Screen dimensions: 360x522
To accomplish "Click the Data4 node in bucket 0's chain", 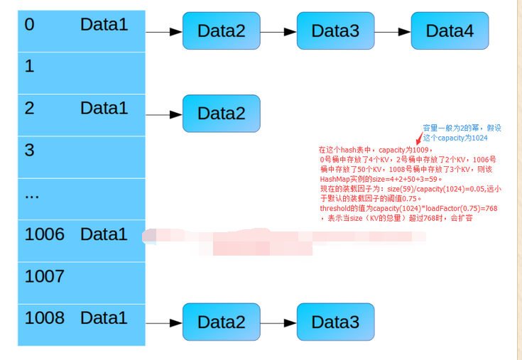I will click(450, 31).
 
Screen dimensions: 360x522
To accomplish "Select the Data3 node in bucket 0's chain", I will click(335, 31).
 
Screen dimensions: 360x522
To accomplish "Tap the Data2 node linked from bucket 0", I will click(221, 31).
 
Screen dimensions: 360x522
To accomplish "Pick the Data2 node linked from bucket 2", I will click(221, 114).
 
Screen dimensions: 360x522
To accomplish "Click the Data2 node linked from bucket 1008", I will click(221, 322).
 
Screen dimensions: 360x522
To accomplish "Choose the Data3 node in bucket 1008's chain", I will click(335, 322).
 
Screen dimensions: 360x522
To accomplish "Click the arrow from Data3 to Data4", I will click(392, 31).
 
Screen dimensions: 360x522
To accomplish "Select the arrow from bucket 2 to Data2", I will click(164, 114).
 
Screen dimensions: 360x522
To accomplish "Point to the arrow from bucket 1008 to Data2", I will click(164, 322).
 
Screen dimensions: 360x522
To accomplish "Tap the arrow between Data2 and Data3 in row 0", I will click(278, 31).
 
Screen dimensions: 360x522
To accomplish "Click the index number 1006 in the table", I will click(44, 234).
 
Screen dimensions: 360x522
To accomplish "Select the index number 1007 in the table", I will click(44, 276).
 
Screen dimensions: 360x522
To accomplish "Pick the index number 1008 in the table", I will click(44, 317).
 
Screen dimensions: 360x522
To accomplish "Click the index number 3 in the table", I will click(29, 150).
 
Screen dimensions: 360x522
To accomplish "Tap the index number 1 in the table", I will click(29, 66).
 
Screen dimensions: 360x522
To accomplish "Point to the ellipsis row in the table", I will click(32, 194).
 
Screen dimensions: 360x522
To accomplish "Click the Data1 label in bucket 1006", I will click(104, 234).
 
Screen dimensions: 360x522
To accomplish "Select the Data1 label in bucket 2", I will click(104, 108).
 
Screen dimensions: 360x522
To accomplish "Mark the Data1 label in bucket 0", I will click(104, 24).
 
